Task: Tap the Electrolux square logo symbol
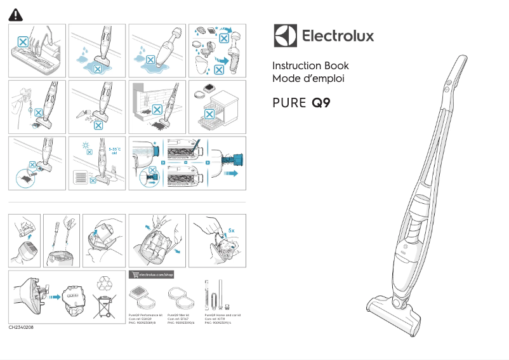tap(285, 36)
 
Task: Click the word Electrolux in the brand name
tap(337, 36)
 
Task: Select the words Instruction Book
tap(310, 66)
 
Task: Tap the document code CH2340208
tap(21, 328)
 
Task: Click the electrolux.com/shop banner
tap(151, 274)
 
